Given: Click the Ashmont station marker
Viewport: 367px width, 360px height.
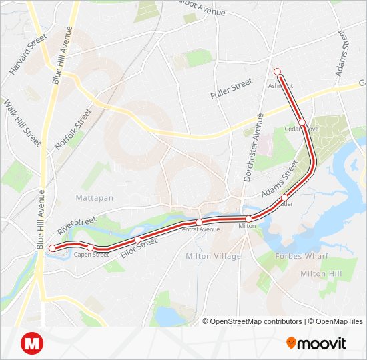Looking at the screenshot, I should (x=277, y=72).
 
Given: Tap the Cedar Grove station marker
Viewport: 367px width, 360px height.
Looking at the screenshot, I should (x=302, y=122).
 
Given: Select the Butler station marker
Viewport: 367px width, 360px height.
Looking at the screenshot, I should (x=285, y=197).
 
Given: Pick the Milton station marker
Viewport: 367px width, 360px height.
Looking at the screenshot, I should (x=248, y=219).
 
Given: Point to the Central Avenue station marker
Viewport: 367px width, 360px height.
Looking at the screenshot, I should (x=199, y=222).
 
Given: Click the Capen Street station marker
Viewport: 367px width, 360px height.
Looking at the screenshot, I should (x=90, y=247).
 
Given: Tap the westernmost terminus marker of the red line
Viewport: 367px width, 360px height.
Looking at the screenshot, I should (x=53, y=249).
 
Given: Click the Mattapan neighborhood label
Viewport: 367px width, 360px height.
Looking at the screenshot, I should (x=93, y=198).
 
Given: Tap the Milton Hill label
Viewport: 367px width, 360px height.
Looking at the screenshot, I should (x=320, y=274).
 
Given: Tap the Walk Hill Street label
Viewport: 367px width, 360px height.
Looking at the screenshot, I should (x=22, y=123).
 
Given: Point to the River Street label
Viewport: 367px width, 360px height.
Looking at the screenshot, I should (x=77, y=225).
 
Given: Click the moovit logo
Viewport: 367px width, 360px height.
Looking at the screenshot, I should (x=316, y=343).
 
